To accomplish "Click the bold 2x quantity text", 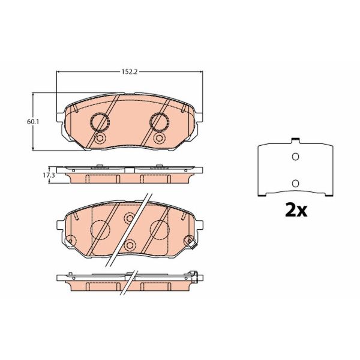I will click(x=295, y=211).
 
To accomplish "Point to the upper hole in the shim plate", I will click(x=294, y=157).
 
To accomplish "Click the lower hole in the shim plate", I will click(x=294, y=182).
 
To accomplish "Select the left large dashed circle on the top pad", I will click(x=99, y=122).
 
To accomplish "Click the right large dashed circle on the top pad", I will click(x=159, y=122).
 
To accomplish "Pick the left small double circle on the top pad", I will click(x=100, y=139).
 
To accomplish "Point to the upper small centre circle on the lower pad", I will click(x=129, y=217).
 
